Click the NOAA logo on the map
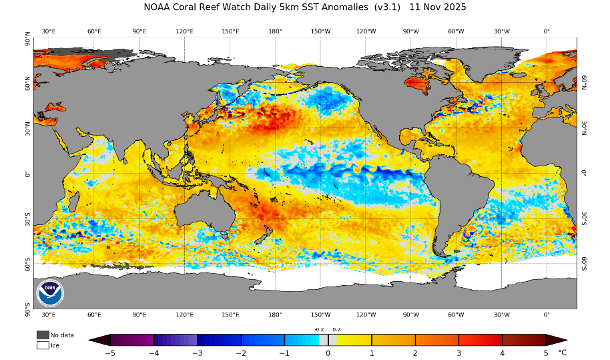pyautogui.click(x=50, y=293)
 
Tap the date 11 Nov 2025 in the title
pyautogui.click(x=438, y=7)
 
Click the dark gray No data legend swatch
pyautogui.click(x=43, y=335)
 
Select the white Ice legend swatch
pyautogui.click(x=43, y=345)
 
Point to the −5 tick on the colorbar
pyautogui.click(x=110, y=353)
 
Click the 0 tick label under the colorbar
pyautogui.click(x=328, y=353)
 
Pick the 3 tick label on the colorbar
pyautogui.click(x=459, y=353)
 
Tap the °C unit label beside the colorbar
pyautogui.click(x=562, y=353)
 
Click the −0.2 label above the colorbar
pyautogui.click(x=318, y=329)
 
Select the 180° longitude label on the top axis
pyautogui.click(x=275, y=31)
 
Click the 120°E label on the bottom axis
pyautogui.click(x=185, y=314)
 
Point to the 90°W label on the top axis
pyautogui.click(x=410, y=31)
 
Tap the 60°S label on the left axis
pyautogui.click(x=27, y=264)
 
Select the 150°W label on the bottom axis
pyautogui.click(x=320, y=314)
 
